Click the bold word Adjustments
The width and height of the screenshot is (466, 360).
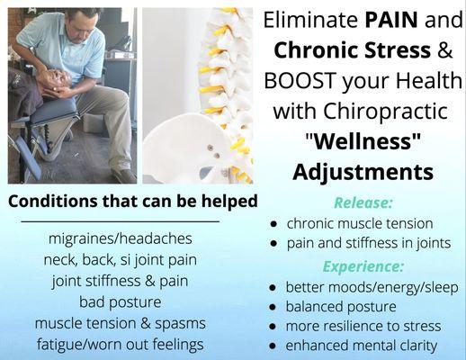362,171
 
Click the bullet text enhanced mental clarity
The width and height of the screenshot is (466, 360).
361,345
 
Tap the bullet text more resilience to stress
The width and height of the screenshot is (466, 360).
363,326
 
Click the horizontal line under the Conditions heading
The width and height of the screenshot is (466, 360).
120,220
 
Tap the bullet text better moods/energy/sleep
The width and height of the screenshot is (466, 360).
372,287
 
